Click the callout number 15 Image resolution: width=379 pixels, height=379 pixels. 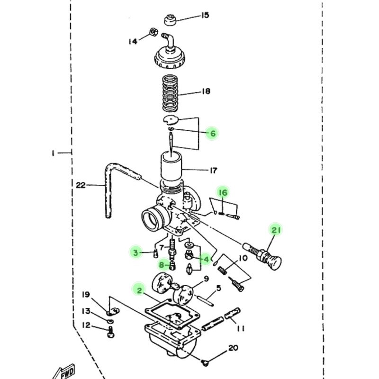(x=205, y=15)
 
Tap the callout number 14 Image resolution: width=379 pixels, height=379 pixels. (x=133, y=41)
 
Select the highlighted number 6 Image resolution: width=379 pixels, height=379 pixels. (x=213, y=133)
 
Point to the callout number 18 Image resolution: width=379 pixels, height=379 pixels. (x=206, y=91)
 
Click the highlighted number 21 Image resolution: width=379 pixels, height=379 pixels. (x=276, y=230)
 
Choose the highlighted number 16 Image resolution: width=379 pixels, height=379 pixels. (x=223, y=192)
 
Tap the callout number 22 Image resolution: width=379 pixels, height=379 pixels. (x=81, y=185)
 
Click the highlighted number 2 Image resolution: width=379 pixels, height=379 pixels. (x=139, y=290)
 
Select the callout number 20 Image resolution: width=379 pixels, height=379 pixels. (x=233, y=348)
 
